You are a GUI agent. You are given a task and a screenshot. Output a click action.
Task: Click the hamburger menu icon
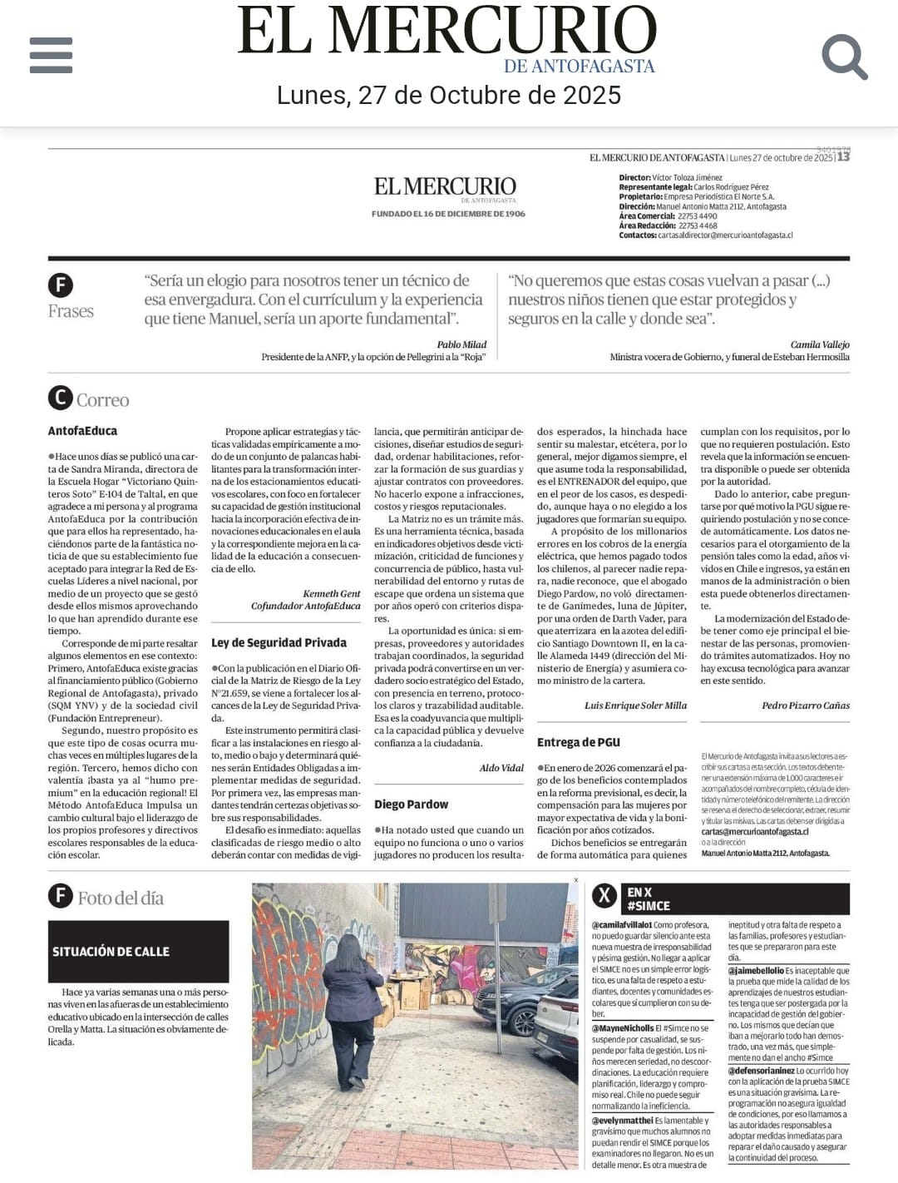51,55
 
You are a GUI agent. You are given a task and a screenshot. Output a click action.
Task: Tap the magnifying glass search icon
844,56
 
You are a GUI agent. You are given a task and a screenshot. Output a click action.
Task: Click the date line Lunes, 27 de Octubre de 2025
449,96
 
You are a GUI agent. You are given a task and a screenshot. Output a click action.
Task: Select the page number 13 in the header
843,156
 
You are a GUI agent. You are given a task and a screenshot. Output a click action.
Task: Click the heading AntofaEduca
82,431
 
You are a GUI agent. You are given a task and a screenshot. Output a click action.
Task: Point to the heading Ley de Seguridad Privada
279,642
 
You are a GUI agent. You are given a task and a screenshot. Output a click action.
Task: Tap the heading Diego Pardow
411,804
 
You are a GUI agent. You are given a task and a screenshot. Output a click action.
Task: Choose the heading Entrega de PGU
578,742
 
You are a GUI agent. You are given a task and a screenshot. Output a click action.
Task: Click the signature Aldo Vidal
501,768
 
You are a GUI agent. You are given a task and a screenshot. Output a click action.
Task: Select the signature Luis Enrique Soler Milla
635,705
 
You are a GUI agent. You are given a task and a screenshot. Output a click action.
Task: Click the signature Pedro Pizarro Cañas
805,705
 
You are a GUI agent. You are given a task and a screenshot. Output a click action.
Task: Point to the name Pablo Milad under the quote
461,344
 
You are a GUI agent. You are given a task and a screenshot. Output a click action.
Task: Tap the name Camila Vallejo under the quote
820,344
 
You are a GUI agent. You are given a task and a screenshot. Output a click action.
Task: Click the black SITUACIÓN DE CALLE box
138,951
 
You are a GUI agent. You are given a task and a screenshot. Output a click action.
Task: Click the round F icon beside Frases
60,285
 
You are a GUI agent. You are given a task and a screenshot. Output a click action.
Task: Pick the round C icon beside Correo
60,398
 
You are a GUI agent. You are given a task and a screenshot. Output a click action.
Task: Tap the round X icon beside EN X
604,896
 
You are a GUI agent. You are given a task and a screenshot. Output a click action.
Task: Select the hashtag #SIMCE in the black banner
649,906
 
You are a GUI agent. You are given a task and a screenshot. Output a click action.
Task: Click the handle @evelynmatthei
622,1121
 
